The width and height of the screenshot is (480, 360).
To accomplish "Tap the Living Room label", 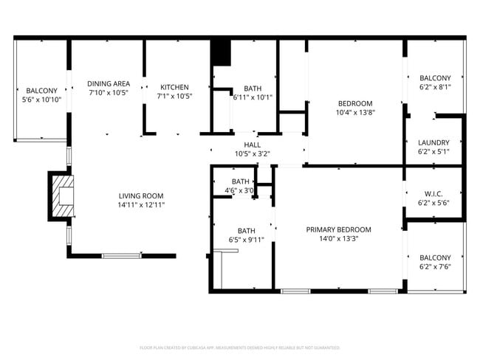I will (141, 195).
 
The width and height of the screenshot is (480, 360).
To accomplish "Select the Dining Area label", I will (109, 83).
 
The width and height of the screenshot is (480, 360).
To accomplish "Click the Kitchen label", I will (174, 86).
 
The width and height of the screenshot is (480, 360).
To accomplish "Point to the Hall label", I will (252, 145).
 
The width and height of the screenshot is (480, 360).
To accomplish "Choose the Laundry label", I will (433, 142).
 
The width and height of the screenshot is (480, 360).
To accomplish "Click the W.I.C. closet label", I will (433, 193).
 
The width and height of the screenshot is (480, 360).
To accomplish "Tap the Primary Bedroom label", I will (338, 229).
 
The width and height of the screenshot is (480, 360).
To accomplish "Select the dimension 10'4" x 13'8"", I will (355, 112).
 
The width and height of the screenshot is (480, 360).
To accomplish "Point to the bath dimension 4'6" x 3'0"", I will (241, 190).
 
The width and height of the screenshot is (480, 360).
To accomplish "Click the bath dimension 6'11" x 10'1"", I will (253, 97).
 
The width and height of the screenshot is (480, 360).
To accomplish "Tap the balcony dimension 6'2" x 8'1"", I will (435, 87).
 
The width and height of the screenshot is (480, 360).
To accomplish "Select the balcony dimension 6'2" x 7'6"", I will (435, 266).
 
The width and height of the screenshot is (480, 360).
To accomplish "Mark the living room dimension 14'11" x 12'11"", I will (141, 204).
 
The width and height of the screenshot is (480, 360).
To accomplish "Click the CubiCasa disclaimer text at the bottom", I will (239, 347).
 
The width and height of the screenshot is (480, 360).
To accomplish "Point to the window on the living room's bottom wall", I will (122, 256).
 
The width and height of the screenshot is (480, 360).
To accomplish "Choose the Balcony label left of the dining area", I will (41, 90).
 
